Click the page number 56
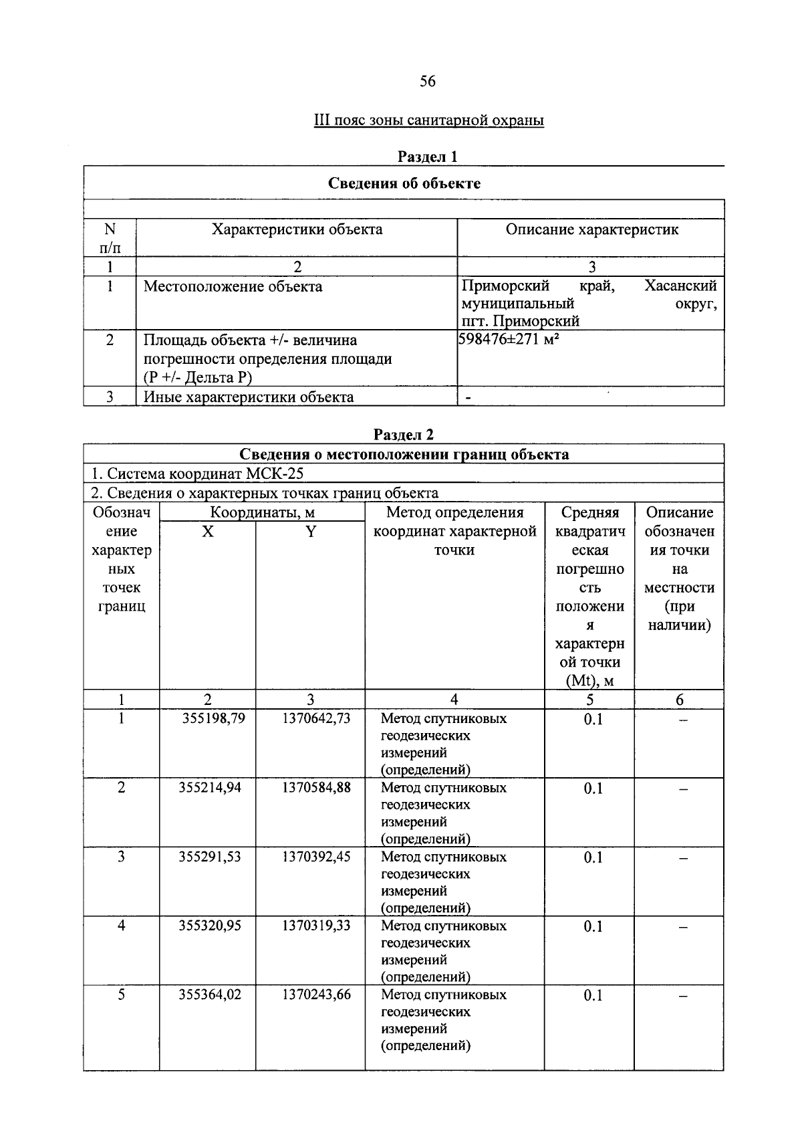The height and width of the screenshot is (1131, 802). (x=428, y=82)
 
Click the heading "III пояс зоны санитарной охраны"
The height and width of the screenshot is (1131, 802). (x=428, y=121)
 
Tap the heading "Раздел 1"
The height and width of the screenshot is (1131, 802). (x=428, y=157)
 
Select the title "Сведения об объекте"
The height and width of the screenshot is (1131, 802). (x=404, y=183)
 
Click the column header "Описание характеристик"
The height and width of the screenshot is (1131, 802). (x=591, y=230)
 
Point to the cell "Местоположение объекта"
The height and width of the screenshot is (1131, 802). (x=233, y=287)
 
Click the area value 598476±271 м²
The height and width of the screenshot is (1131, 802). (x=509, y=340)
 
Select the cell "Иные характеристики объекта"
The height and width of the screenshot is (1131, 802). (x=249, y=397)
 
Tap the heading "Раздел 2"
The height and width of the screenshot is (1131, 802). (x=404, y=435)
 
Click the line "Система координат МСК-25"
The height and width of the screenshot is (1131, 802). (x=198, y=474)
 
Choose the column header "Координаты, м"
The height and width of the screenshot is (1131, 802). (x=262, y=513)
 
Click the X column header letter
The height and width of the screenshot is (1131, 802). (x=208, y=532)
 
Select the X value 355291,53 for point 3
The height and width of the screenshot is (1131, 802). (x=209, y=857)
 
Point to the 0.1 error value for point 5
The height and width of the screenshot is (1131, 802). (x=593, y=996)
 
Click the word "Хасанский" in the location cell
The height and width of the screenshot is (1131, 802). (x=680, y=287)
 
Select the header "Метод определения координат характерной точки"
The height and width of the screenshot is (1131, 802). (x=454, y=532)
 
